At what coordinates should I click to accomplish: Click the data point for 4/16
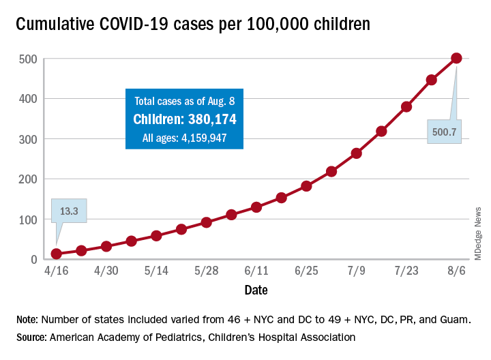pyautogui.click(x=57, y=254)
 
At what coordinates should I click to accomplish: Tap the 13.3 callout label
pyautogui.click(x=68, y=211)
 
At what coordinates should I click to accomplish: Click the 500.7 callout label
pyautogui.click(x=445, y=132)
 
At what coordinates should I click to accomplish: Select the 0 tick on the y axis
pyautogui.click(x=32, y=260)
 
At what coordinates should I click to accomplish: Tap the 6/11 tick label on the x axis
pyautogui.click(x=256, y=271)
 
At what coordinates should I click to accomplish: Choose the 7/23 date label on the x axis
pyautogui.click(x=406, y=271)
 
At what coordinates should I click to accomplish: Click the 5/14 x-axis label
pyautogui.click(x=156, y=271)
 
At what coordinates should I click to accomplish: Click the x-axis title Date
pyautogui.click(x=256, y=290)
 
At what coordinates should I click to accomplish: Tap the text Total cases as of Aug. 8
pyautogui.click(x=184, y=102)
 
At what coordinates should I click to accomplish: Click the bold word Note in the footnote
pyautogui.click(x=28, y=320)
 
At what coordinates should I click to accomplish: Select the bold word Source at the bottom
pyautogui.click(x=32, y=337)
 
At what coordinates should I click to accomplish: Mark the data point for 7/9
pyautogui.click(x=357, y=153)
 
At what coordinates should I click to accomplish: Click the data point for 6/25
pyautogui.click(x=306, y=185)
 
